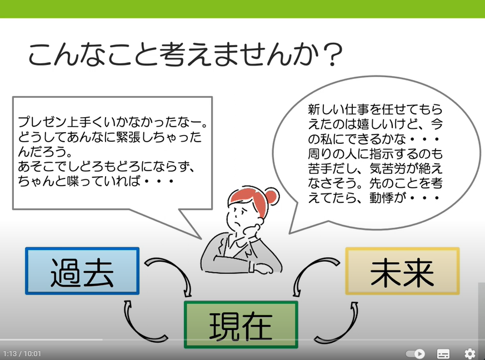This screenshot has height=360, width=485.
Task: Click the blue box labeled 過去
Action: click(82, 271)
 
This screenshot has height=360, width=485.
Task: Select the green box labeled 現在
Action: click(241, 325)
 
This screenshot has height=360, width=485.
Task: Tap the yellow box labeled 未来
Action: click(402, 271)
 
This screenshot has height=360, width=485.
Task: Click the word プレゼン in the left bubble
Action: click(42, 122)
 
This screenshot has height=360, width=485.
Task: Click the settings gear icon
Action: click(470, 353)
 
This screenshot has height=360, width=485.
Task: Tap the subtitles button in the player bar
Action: click(443, 353)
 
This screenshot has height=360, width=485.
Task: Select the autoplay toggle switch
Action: click(416, 353)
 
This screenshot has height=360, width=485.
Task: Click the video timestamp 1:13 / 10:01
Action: click(22, 353)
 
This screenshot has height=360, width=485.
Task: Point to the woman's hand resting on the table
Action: click(262, 268)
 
